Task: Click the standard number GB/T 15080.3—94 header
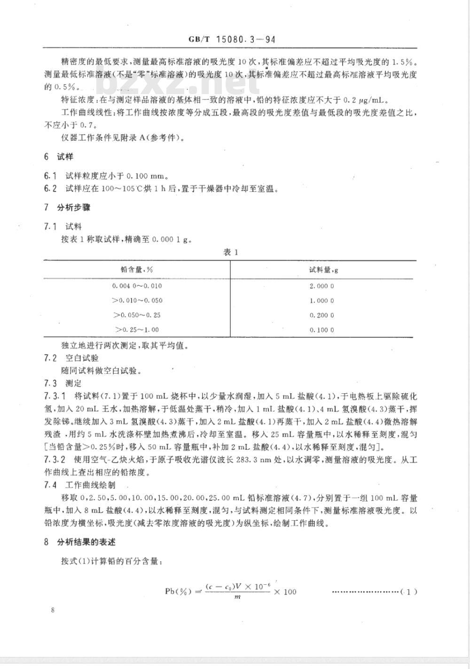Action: pos(232,40)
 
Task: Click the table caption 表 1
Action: pos(231,252)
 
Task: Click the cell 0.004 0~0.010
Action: pos(137,286)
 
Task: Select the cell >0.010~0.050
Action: pos(137,301)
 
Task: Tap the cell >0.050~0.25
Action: pos(137,315)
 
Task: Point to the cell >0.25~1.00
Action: pos(137,330)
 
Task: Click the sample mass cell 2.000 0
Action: pos(322,286)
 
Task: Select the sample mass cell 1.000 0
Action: pos(322,301)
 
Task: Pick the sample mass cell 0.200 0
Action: pos(322,315)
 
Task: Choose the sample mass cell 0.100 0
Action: pos(322,330)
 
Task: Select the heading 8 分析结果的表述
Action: pos(79,542)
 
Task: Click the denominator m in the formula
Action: pos(237,597)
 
